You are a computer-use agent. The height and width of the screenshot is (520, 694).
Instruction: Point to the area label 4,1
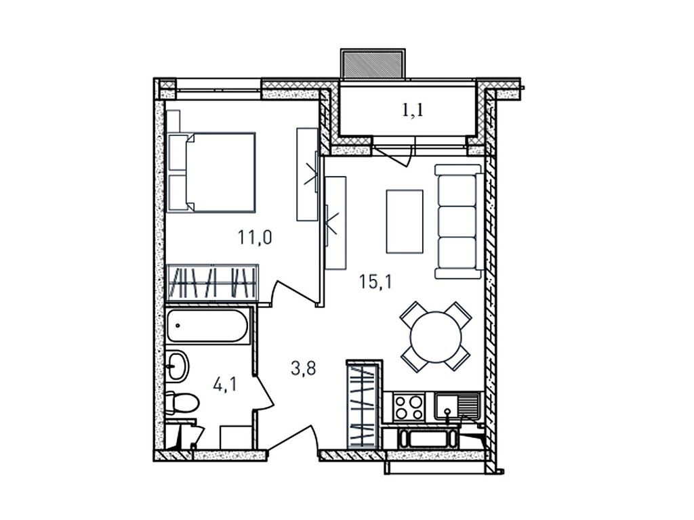225,386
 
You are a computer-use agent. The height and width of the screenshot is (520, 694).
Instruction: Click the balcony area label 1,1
413,110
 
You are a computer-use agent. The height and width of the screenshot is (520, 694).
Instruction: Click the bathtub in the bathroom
207,328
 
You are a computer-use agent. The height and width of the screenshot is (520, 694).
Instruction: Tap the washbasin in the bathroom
178,366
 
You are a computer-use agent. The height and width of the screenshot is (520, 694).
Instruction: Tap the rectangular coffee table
405,221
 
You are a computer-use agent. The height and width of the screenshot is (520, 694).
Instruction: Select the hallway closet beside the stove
363,405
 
